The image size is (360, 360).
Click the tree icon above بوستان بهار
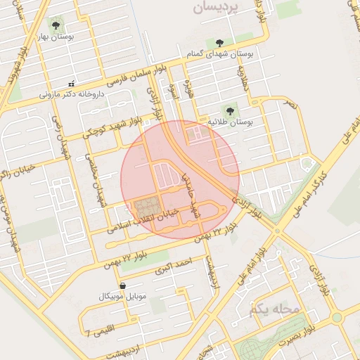tap(56, 25)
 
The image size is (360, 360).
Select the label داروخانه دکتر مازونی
tap(72, 93)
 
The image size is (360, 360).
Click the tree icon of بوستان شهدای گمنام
tap(221, 44)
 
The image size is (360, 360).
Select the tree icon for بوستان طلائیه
tap(230, 110)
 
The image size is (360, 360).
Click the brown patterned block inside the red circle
tap(146, 208)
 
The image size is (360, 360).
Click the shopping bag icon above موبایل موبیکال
tap(124, 286)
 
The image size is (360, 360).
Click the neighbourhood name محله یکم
tap(274, 309)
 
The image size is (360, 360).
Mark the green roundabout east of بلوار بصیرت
tap(338, 317)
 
